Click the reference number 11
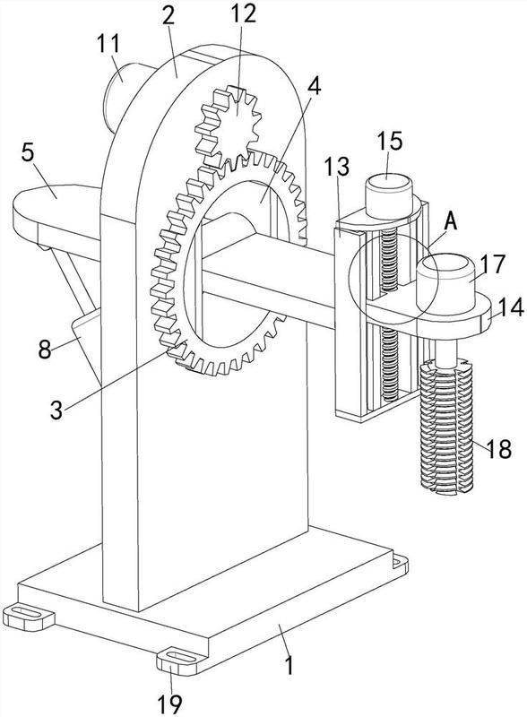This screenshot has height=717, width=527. coord(108,44)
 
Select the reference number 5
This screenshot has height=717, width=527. coord(28,152)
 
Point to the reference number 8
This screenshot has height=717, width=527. coord(45,350)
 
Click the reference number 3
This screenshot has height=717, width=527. coord(56,410)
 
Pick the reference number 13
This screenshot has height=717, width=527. coord(337,167)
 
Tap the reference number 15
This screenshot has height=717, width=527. coord(390,141)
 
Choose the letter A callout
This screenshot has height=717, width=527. coord(451,221)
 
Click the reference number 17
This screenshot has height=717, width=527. coord(493,264)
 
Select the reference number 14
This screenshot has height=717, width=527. coord(511,307)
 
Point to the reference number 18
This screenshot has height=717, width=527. coord(498,449)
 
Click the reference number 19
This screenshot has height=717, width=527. coord(170,704)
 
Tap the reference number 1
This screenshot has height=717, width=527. coord(289,665)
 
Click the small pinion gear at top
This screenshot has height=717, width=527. coord(229,125)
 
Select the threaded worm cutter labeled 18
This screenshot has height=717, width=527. coord(446,426)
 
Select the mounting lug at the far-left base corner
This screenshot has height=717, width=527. coord(29,617)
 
